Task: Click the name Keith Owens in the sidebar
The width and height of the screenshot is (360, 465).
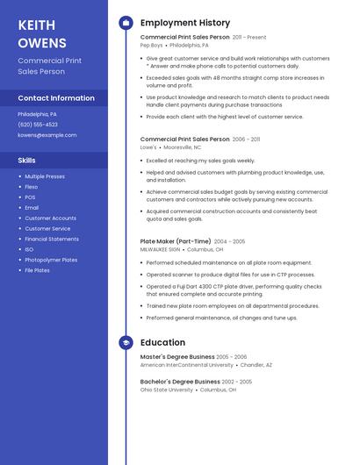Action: (42, 33)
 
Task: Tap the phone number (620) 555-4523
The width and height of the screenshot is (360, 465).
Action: (38, 125)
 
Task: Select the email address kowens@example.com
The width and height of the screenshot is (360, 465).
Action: (47, 135)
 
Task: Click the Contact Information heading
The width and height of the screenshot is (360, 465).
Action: (56, 98)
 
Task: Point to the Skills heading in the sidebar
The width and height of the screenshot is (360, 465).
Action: (27, 161)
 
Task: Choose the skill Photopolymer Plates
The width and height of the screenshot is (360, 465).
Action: (51, 260)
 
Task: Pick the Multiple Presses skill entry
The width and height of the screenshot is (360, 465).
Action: (45, 176)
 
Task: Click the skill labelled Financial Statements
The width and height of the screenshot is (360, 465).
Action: (52, 239)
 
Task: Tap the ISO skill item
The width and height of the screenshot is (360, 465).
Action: (30, 249)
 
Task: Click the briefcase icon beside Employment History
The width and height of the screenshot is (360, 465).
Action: (126, 23)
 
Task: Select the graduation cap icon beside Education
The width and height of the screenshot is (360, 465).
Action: (126, 343)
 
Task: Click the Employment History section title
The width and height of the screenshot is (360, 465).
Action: (185, 23)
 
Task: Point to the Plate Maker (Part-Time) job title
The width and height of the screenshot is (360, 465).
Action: (176, 241)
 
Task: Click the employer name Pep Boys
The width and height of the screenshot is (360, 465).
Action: (151, 45)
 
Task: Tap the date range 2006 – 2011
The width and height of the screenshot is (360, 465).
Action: (246, 139)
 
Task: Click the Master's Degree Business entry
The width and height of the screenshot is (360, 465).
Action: (177, 357)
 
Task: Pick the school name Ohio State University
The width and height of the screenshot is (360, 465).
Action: (166, 390)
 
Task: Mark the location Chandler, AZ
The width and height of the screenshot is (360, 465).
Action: (256, 365)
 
